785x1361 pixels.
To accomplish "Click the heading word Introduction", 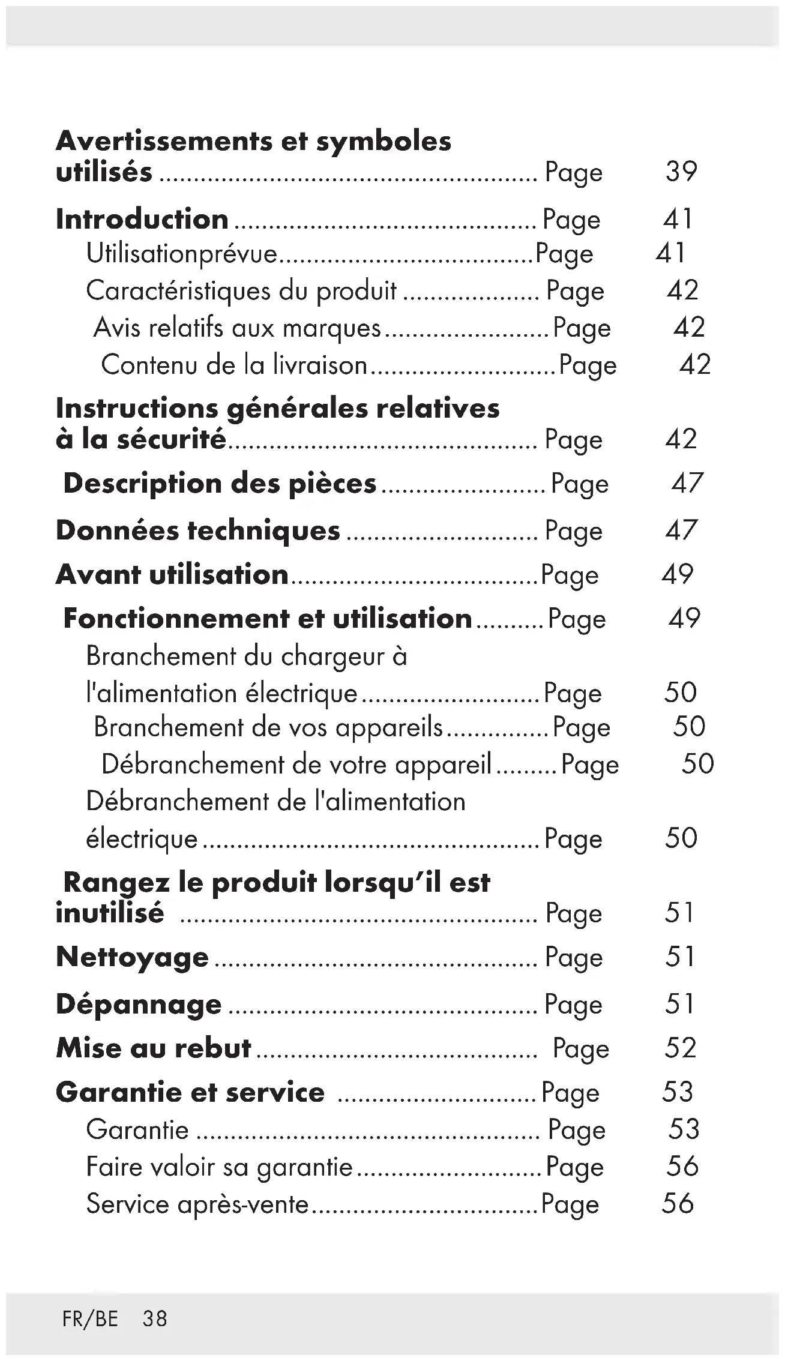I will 142,219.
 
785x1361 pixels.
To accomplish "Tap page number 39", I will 681,172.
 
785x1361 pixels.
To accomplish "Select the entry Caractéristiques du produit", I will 241,291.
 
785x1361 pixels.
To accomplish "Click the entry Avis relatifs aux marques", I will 238,328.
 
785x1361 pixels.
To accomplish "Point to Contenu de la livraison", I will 234,365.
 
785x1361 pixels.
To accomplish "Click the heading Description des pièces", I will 220,484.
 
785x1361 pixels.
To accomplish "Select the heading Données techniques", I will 198,531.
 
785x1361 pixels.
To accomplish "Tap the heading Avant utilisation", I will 172,575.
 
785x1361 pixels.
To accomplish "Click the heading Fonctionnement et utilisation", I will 268,619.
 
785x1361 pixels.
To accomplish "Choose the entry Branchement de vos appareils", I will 268,727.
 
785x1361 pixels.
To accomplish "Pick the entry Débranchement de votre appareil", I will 296,765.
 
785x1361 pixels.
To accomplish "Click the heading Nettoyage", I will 132,957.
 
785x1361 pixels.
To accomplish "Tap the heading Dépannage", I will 139,1005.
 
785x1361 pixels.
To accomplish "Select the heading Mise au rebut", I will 154,1048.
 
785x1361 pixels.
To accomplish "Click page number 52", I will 681,1048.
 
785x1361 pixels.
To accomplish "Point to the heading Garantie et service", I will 190,1092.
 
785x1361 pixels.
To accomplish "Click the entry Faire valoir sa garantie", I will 219,1167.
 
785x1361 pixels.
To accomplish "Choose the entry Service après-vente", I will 197,1204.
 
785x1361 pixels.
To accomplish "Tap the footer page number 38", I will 155,1319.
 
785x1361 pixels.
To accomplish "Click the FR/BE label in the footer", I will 90,1319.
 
